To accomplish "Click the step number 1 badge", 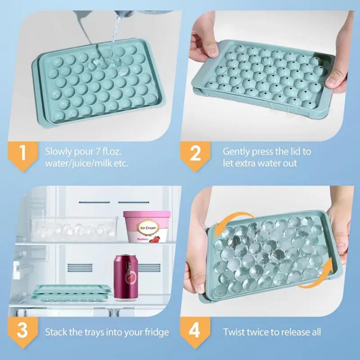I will (22, 154).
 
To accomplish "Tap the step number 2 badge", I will (194, 154).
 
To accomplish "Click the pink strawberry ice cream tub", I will (147, 227).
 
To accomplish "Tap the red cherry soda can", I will (126, 277).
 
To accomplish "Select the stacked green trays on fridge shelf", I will (71, 292).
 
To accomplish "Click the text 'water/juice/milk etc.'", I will (86, 163).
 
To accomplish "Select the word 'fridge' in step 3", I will (157, 332).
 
